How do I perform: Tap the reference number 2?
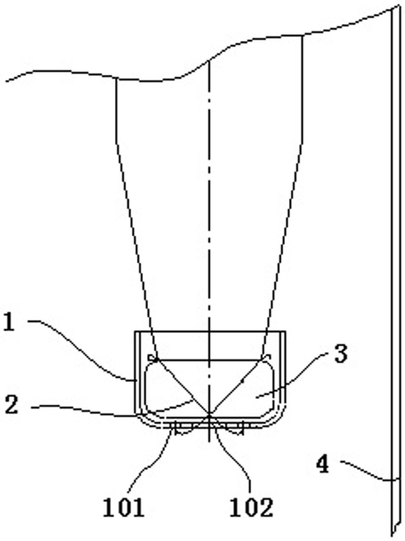click(11, 405)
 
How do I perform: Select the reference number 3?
click(341, 354)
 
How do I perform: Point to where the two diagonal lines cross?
click(209, 413)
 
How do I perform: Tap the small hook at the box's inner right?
click(267, 357)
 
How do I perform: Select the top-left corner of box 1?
click(135, 332)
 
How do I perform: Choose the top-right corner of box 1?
click(285, 332)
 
